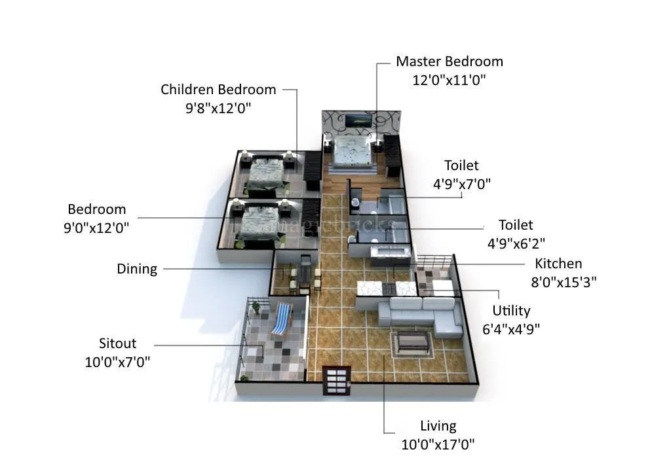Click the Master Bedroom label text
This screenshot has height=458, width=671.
(449, 62)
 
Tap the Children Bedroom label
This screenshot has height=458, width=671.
(218, 90)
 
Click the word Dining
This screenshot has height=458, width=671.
(137, 269)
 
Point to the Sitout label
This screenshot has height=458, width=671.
(117, 343)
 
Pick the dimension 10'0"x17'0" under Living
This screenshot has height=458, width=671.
(438, 444)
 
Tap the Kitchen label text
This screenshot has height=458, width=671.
(558, 264)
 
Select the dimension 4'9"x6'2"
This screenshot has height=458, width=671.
(516, 243)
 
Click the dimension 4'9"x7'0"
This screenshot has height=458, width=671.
(461, 184)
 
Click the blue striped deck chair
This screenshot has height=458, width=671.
(281, 319)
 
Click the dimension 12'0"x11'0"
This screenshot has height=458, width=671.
(449, 80)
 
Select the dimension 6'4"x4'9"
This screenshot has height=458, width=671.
(511, 329)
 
